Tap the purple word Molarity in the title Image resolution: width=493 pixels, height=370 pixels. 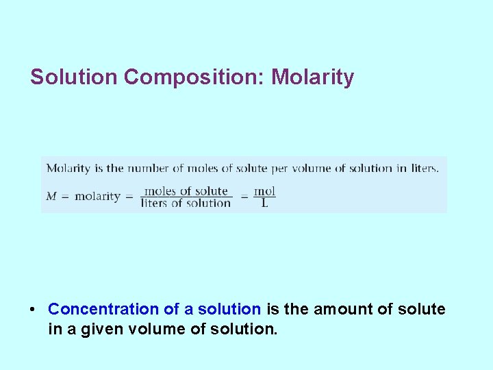click(313, 77)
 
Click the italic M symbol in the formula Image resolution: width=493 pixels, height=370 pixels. click(51, 197)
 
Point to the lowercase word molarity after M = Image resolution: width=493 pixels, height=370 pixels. click(97, 197)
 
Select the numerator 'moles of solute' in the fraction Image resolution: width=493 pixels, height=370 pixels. click(186, 191)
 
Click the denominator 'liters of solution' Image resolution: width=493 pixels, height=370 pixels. click(186, 203)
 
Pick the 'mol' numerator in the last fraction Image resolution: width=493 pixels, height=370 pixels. click(265, 191)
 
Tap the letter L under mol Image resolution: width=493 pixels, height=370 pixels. click(265, 203)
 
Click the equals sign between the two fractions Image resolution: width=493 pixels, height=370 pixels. click(244, 197)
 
